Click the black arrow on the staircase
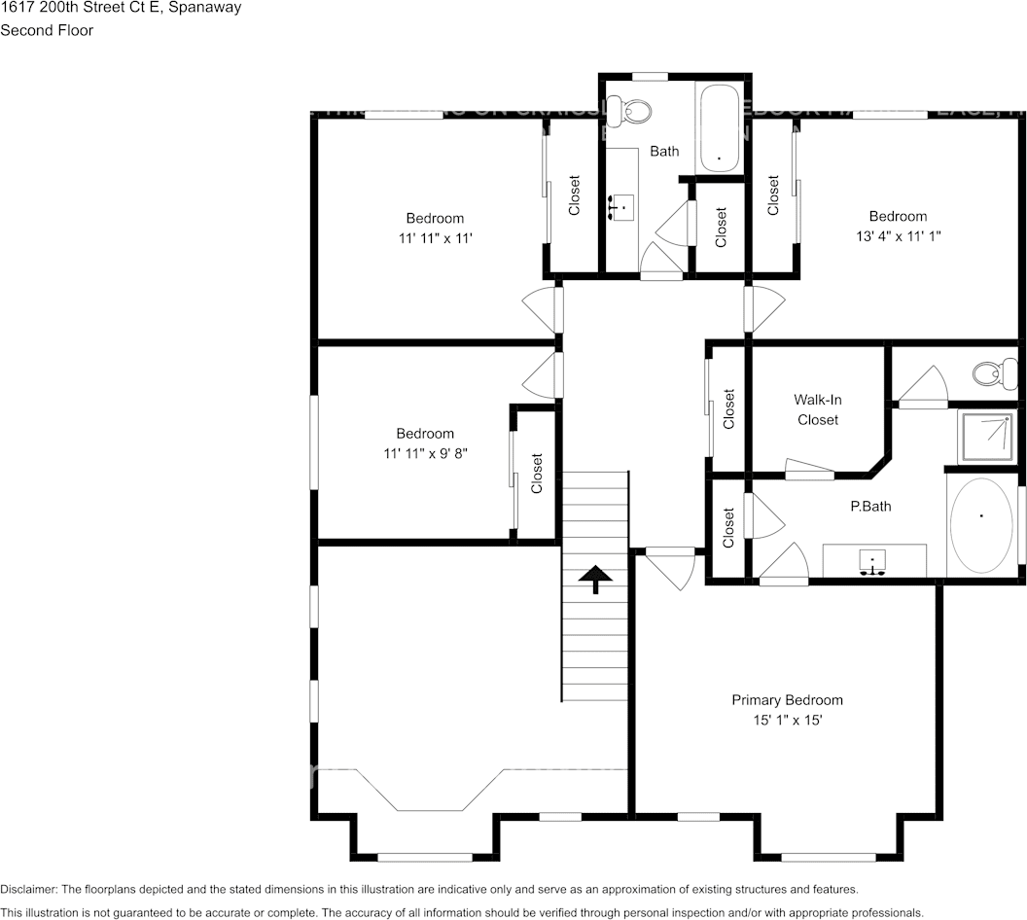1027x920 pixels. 592,580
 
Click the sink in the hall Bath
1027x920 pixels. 621,207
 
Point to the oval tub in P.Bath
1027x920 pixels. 980,524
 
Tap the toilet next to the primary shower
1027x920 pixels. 993,372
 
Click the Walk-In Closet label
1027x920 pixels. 817,409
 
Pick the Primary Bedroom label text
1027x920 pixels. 787,700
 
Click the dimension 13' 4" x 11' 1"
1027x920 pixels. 898,235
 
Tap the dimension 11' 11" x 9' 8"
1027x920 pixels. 424,453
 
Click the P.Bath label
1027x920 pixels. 869,506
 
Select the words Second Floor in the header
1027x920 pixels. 47,30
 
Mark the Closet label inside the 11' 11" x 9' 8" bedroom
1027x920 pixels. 537,475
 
